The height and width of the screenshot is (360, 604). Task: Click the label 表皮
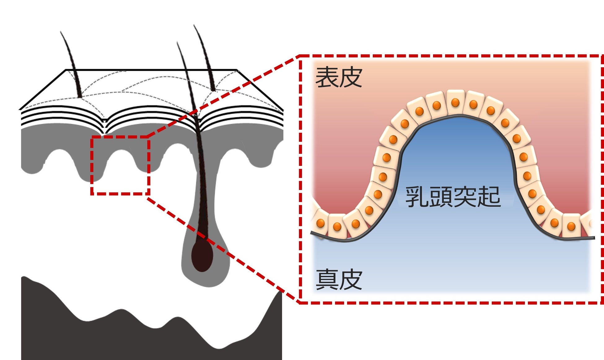(x=339, y=77)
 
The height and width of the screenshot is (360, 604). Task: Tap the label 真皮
(x=339, y=279)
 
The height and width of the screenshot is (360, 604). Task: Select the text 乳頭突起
(x=453, y=197)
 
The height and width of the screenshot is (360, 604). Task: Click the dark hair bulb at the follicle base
(x=202, y=255)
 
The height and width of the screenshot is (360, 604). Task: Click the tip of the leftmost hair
(x=61, y=32)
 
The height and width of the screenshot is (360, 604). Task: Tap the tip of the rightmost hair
(x=195, y=26)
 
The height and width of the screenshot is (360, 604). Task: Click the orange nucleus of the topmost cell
(x=455, y=102)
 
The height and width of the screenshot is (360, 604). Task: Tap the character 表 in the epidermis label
(x=327, y=77)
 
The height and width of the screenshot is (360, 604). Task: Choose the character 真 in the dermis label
(x=327, y=279)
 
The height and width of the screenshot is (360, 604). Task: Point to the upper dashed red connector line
(x=223, y=96)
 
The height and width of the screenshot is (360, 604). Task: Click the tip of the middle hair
(x=177, y=43)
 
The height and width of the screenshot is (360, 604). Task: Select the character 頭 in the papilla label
(x=441, y=197)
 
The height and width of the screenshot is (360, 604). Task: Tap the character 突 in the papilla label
(x=465, y=197)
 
